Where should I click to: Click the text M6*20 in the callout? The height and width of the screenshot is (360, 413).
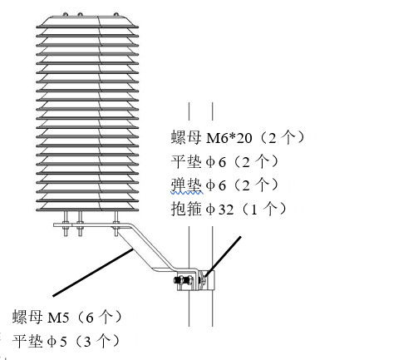point(229,138)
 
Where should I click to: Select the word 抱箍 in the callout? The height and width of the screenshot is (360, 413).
point(186,209)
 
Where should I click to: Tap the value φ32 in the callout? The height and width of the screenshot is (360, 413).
point(219,210)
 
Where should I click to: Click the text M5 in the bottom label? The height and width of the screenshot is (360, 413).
point(58,318)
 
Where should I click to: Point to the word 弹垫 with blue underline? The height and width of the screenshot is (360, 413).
point(186,185)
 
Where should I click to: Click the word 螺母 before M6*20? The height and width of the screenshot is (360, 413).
point(186,137)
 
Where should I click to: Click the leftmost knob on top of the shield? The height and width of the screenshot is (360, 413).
point(65,14)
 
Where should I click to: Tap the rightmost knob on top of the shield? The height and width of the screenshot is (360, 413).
point(116,14)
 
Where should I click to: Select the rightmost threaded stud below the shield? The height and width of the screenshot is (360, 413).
point(116,224)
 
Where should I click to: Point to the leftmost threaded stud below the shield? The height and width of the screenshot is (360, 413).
point(66,224)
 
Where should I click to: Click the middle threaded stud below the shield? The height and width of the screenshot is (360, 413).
point(80,224)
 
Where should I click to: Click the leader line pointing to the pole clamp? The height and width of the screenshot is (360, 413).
point(223,256)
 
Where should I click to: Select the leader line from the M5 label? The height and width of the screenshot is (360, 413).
point(93,273)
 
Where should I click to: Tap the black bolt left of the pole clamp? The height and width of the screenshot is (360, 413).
point(183,280)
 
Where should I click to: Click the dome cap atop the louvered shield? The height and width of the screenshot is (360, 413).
point(87,21)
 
